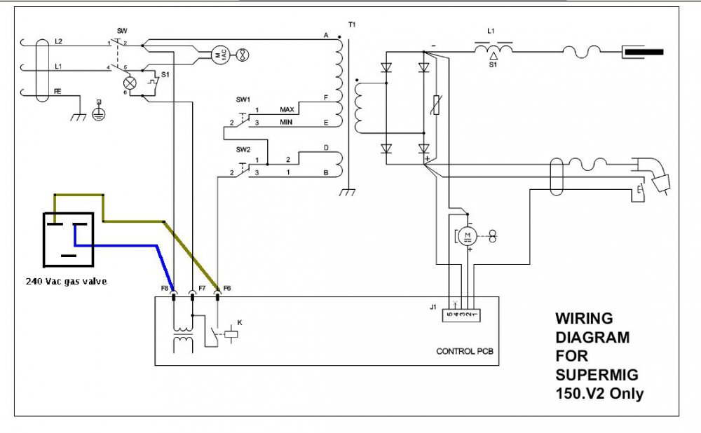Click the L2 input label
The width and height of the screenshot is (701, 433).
(x=59, y=43)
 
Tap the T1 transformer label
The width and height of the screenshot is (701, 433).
(x=351, y=25)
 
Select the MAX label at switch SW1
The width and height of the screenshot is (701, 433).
(x=287, y=110)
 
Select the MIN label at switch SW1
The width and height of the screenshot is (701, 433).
(x=286, y=123)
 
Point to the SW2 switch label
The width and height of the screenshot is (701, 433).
(x=243, y=150)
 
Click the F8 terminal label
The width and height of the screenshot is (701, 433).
(x=165, y=288)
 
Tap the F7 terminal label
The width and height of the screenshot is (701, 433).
(x=202, y=288)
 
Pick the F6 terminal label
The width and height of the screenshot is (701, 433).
(x=228, y=288)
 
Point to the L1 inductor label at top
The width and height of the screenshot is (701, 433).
(x=491, y=32)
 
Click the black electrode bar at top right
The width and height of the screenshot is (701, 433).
(x=643, y=51)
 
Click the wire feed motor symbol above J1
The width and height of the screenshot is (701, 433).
(x=468, y=235)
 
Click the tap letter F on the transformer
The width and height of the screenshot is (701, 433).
(x=326, y=99)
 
